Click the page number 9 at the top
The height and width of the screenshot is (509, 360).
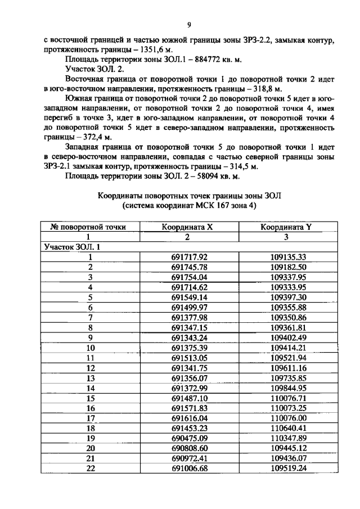pos(189,24)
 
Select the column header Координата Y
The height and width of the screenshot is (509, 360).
pos(286,227)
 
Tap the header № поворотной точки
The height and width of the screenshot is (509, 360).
pos(88,227)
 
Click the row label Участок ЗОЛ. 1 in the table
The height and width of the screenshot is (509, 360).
pos(66,247)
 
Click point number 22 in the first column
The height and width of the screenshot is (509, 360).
pos(89,469)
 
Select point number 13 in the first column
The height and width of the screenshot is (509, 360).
pos(89,378)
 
